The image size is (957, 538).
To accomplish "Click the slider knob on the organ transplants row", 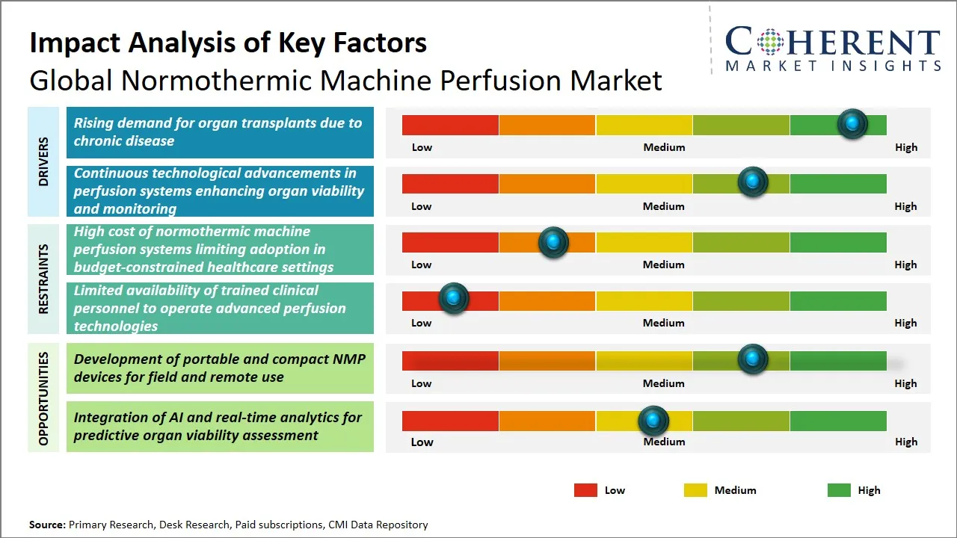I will point(852,123).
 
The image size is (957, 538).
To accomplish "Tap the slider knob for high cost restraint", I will point(553,241).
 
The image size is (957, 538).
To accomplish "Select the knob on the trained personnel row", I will point(453,298).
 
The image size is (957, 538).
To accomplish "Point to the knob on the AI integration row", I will point(653,421).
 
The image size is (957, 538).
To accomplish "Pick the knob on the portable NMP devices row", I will point(752,359).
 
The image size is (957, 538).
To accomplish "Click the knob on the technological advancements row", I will point(752,182).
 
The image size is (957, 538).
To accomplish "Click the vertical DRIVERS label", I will point(43,161).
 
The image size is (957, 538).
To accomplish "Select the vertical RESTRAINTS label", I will point(43,279).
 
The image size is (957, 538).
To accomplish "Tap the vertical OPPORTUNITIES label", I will point(43,398).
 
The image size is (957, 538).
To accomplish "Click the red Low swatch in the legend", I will point(585,490).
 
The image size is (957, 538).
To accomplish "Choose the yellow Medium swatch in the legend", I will point(695,490).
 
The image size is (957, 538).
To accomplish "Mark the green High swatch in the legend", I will point(839,490).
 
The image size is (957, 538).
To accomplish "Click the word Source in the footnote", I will point(47,525).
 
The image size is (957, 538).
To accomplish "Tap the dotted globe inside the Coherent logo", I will point(769,42).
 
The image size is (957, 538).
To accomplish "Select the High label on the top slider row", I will point(906,147).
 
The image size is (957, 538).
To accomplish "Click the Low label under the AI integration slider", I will point(422,442).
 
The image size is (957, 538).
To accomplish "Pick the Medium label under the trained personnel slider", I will point(664,323).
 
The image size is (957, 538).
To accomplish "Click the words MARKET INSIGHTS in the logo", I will point(833,66).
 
